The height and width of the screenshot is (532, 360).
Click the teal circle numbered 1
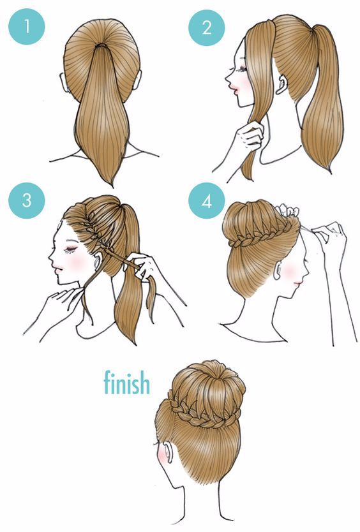pos(27,27)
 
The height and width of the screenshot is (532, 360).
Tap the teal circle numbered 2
pos(207,27)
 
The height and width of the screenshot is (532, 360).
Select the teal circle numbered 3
pos(27,200)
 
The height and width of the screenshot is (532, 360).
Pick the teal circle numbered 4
pos(207,201)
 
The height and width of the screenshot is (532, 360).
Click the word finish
pos(126,382)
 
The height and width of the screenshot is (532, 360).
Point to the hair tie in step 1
pos(101,45)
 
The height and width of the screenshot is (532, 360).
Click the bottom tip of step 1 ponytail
pos(112,186)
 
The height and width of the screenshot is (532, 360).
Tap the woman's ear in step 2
pos(280,84)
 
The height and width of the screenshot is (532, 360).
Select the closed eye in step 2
pos(242,70)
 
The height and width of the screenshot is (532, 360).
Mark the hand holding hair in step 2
pos(251,136)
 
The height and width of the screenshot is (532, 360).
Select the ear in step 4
pos(277,267)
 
